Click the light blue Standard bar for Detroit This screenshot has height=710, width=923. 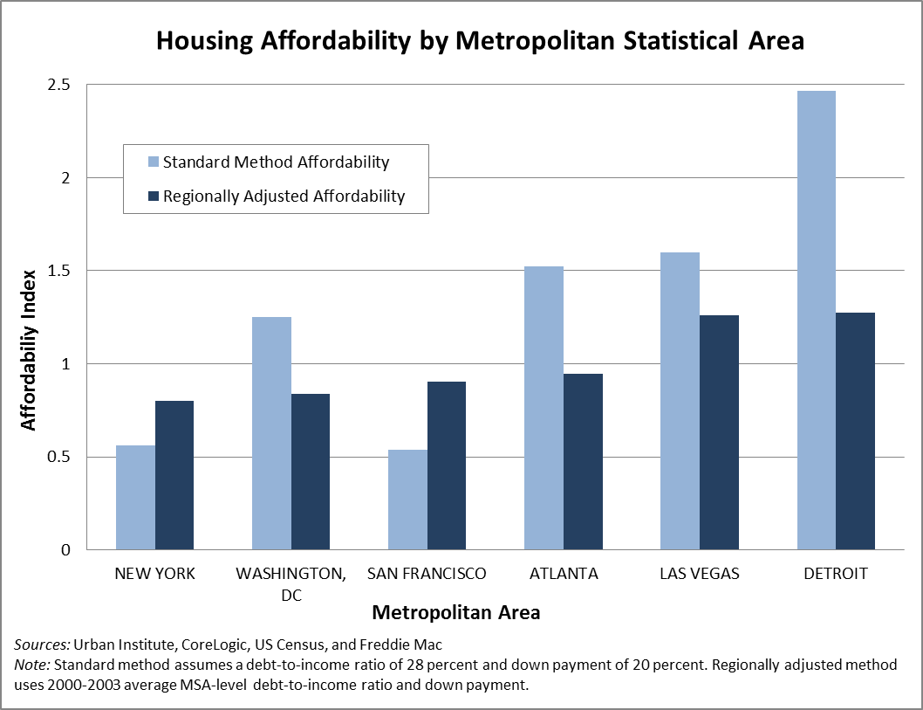(817, 321)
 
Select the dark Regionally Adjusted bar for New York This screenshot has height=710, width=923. (174, 475)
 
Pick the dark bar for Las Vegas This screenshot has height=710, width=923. (719, 432)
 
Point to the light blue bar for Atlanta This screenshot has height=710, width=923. (544, 408)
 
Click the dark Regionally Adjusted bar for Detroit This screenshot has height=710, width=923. (855, 431)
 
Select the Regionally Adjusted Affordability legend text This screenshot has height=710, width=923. (284, 196)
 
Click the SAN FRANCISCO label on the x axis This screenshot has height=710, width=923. (427, 574)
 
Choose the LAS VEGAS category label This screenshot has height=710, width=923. (699, 574)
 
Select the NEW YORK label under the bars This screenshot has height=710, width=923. (154, 574)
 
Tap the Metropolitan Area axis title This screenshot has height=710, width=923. (455, 613)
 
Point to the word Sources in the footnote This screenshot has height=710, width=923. (41, 645)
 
